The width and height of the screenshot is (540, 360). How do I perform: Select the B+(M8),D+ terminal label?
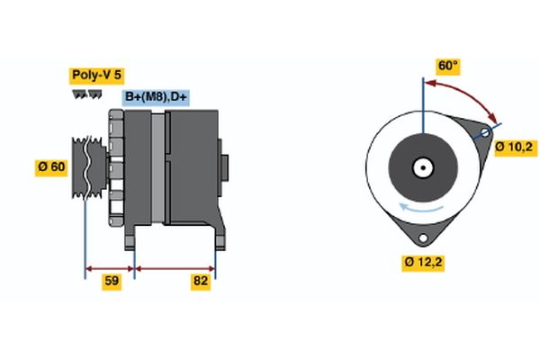162,97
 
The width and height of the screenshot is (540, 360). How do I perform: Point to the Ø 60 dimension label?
50,166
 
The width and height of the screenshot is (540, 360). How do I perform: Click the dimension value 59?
112,282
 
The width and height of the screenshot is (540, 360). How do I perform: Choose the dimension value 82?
201,282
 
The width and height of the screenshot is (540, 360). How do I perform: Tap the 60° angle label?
447,66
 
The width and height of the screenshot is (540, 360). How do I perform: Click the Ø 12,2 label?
422,263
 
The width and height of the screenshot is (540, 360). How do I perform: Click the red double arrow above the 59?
110,267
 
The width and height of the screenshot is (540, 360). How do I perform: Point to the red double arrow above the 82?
175,267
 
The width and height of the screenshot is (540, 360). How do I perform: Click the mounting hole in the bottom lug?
421,237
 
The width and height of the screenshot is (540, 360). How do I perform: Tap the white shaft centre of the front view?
421,167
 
